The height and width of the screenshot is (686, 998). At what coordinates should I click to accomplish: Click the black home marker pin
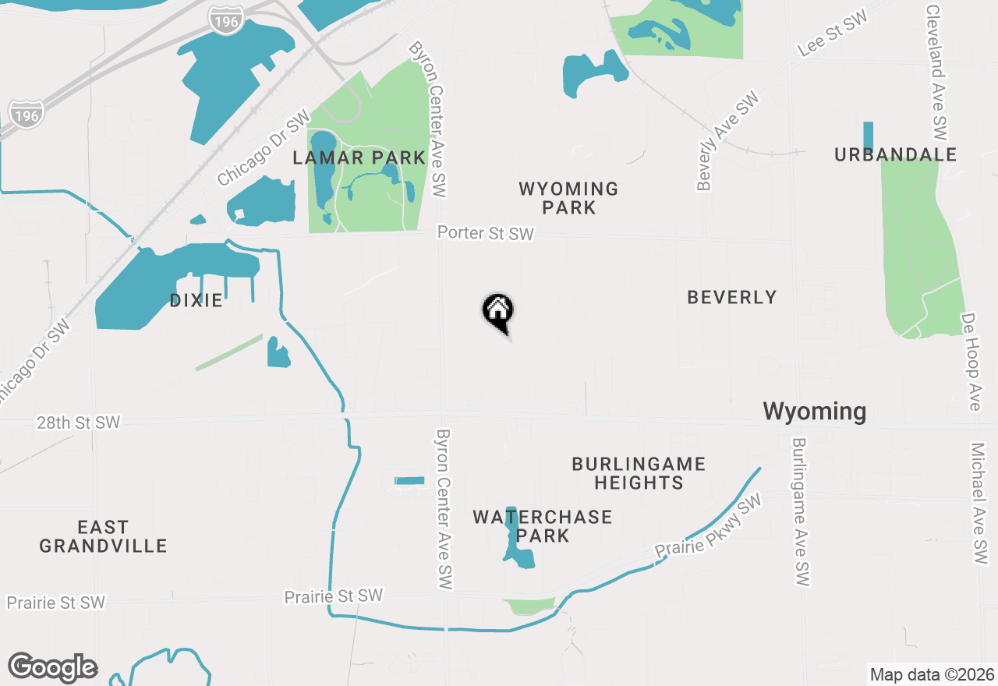pos(497,311)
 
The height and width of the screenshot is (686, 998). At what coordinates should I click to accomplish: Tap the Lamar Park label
pos(359,158)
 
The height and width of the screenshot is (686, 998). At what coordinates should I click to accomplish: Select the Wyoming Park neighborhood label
pos(568,198)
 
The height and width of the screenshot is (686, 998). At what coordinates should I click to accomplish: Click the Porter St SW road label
pos(485,234)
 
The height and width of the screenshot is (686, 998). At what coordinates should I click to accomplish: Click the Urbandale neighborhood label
pos(895,155)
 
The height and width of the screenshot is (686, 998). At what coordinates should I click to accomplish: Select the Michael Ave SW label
pos(979,504)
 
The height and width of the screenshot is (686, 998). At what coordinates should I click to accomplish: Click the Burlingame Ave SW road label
pos(802,511)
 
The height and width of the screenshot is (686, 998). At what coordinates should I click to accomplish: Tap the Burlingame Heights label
pos(639,473)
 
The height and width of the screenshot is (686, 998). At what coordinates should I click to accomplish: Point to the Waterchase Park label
pos(543,526)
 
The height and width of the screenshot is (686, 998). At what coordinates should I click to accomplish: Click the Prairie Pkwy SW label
pos(707,527)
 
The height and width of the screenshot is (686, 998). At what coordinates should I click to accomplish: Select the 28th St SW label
pos(78,423)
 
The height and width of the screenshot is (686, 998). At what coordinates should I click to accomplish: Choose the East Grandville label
pos(104,536)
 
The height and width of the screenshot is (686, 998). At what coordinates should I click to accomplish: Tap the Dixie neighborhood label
pos(196,301)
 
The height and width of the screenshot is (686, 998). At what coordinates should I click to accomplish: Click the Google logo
pos(53,667)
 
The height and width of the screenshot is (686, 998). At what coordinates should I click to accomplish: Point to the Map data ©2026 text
pos(932,674)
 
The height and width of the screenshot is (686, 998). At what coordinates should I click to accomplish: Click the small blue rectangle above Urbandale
pos(868,136)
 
